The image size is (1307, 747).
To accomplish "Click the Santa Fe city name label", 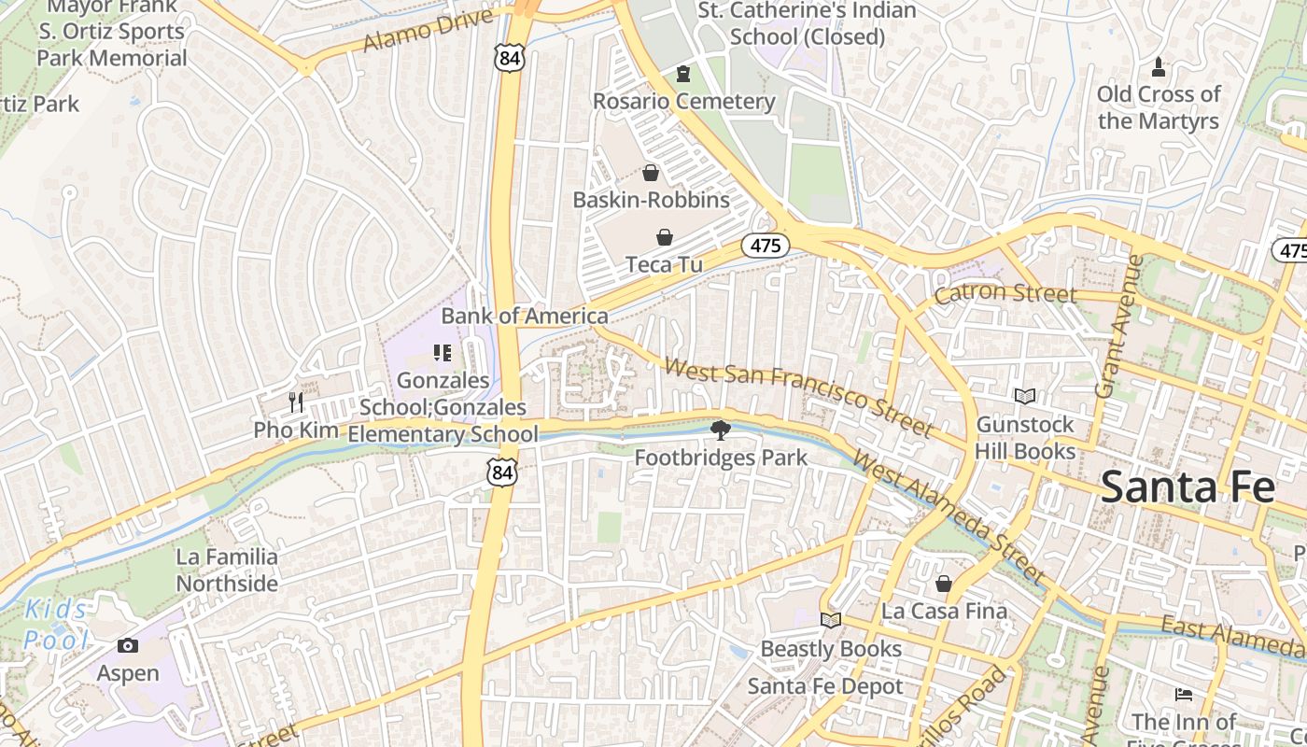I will (x=1188, y=487).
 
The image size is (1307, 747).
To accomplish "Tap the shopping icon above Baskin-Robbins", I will (x=651, y=173).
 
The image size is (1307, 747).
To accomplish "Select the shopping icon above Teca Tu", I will (x=665, y=237).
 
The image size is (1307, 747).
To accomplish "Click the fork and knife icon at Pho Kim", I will (x=296, y=402).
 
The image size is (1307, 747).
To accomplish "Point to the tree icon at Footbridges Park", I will (x=721, y=430).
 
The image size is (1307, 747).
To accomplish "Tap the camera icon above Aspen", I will (x=128, y=645).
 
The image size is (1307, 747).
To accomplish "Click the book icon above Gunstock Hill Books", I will (x=1025, y=396).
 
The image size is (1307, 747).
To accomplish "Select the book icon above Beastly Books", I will (x=830, y=620).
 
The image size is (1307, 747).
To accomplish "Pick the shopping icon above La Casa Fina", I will (x=944, y=584).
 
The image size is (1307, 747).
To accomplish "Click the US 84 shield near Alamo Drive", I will (x=512, y=59).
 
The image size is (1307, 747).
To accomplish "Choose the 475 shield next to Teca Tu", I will (x=766, y=246).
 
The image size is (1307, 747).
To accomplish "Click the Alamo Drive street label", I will (x=428, y=33).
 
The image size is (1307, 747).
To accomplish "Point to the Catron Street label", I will (x=1005, y=292).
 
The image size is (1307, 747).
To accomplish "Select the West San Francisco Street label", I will (x=797, y=396).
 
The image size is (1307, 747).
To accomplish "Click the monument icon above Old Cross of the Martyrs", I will (x=1159, y=67).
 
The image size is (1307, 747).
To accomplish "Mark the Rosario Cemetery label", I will (x=684, y=101).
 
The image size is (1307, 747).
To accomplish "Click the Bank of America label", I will (x=525, y=316).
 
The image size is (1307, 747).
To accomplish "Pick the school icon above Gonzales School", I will (x=443, y=353).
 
